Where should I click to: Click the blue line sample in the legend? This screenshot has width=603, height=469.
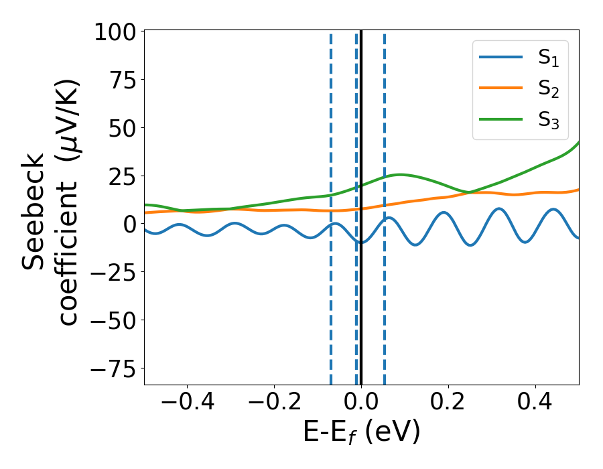click(x=500, y=58)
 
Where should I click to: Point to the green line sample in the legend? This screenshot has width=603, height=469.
click(x=500, y=119)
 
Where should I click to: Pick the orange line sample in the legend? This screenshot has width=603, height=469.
click(x=500, y=88)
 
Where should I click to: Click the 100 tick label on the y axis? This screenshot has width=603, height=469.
click(x=115, y=32)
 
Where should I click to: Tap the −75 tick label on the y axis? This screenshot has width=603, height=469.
click(x=114, y=369)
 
